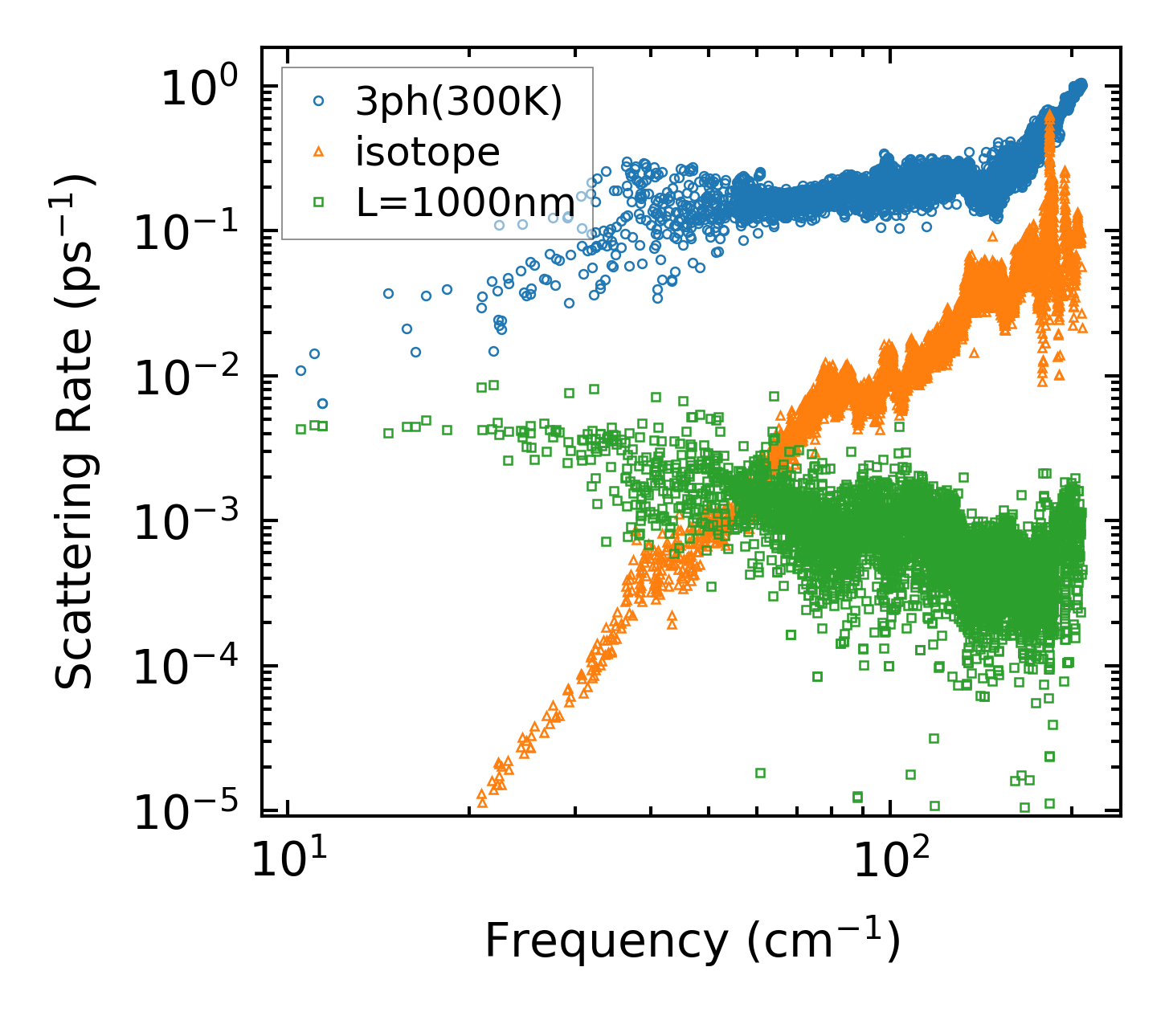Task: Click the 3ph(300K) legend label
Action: [459, 102]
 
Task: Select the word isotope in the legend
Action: [427, 151]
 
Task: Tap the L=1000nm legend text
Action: [465, 202]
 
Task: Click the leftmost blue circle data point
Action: [300, 370]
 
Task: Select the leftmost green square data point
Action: [300, 429]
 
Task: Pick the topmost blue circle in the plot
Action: [1081, 84]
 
